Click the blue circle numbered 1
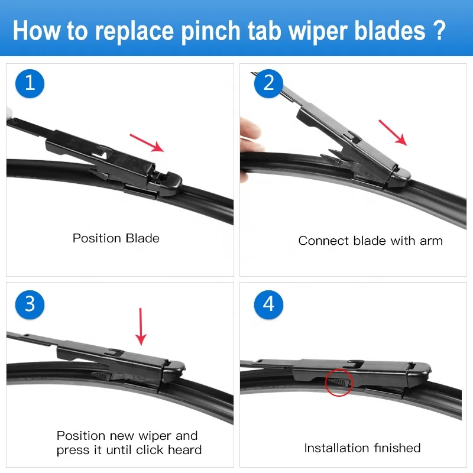point(30,83)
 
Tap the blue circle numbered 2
point(268,83)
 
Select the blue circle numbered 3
point(30,304)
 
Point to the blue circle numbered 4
point(268,304)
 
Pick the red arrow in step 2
point(393,132)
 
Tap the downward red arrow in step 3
point(141,326)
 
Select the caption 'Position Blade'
point(116,238)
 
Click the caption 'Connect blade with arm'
point(370,241)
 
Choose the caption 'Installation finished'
point(362,448)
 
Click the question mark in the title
point(439,30)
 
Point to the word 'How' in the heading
point(35,30)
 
